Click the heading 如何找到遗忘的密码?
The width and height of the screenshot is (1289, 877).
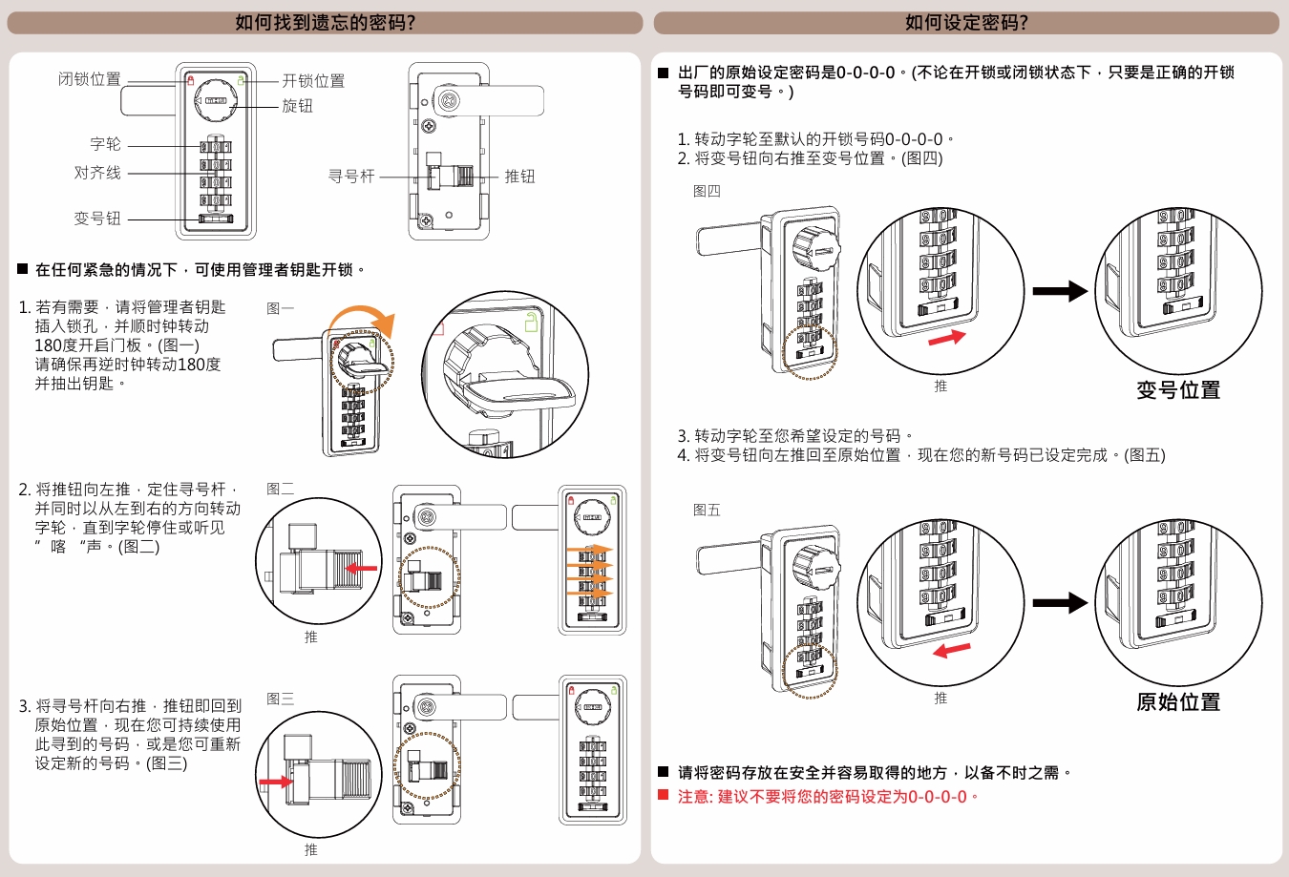coord(325,23)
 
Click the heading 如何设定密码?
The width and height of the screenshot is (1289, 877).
coord(966,23)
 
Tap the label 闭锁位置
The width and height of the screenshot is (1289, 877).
coord(90,79)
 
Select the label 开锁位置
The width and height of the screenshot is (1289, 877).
coord(313,81)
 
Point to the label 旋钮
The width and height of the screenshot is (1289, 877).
coord(297,106)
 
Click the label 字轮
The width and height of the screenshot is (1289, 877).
coord(105,144)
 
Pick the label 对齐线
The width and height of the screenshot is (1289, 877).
coord(97,173)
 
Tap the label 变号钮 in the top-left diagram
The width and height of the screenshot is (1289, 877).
coord(97,219)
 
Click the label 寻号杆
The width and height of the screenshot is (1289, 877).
coord(351,177)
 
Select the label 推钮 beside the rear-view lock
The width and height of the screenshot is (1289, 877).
coord(519,177)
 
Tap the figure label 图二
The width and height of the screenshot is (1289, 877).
coord(281,489)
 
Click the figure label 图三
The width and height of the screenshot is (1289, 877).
coord(281,699)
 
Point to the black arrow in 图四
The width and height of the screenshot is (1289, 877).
coord(1060,291)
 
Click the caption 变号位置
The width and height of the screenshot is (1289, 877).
coord(1178,390)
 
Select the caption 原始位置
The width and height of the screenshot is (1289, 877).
coord(1178,702)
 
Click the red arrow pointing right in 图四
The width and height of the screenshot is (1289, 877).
coord(946,338)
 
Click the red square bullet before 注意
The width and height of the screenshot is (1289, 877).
coord(664,795)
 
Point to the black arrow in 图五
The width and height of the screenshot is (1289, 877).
coord(1060,603)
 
